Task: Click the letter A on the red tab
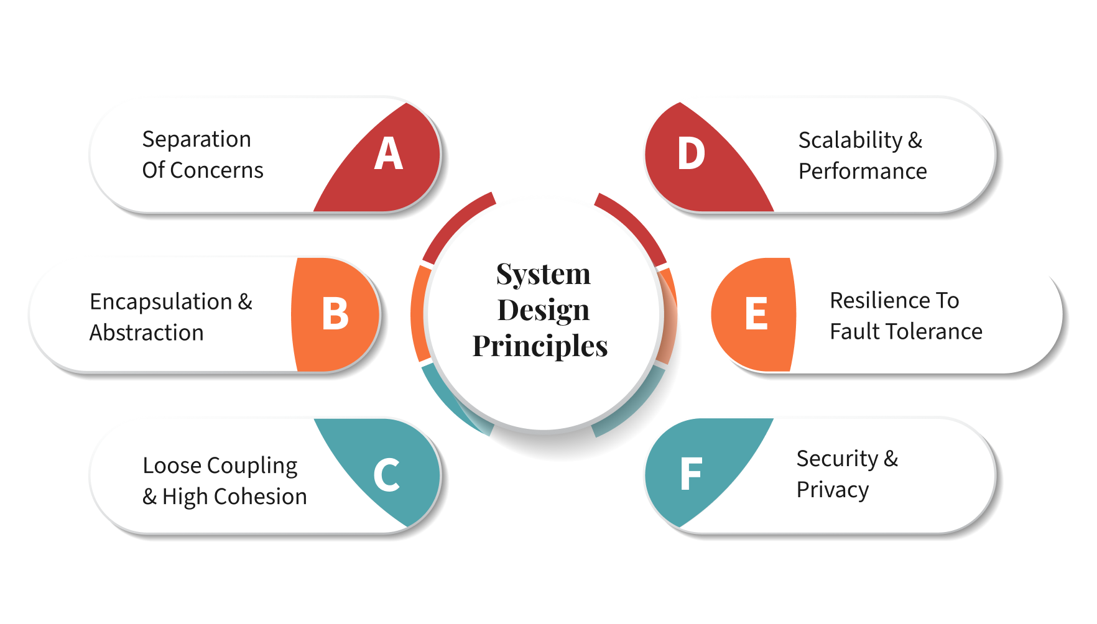389,154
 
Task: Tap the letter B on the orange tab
335,313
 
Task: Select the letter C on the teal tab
386,475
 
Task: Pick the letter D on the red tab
691,154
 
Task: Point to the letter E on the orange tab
756,313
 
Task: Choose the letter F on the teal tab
691,474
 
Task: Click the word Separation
197,139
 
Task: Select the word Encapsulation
161,302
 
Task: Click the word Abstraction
147,333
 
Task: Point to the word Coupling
252,466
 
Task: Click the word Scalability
850,141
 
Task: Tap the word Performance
863,172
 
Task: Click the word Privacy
832,490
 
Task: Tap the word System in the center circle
544,274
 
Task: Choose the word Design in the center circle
544,310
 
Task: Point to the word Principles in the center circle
540,346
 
